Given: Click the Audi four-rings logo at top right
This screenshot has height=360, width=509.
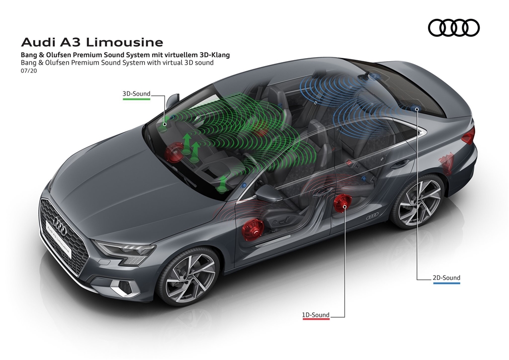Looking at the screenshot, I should tap(454, 28).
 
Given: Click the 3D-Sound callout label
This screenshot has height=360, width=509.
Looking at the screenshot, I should tap(136, 93).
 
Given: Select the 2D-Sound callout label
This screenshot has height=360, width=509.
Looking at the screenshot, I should tap(446, 278).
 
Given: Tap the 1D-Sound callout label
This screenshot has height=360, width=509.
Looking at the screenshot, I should tap(316, 315).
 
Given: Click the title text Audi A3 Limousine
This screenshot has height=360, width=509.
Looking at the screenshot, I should tap(92, 42).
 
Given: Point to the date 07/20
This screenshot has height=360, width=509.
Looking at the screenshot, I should tap(29, 71).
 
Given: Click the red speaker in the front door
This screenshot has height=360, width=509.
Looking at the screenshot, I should tap(253, 229).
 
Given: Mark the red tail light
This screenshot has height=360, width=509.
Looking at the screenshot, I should tap(468, 134).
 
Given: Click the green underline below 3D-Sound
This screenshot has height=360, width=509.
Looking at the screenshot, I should tap(136, 99).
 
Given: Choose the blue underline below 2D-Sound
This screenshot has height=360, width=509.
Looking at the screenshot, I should tap(446, 284).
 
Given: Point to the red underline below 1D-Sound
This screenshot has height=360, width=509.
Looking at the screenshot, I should tap(316, 321).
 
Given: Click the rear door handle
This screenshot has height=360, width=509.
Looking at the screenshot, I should tap(400, 163).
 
